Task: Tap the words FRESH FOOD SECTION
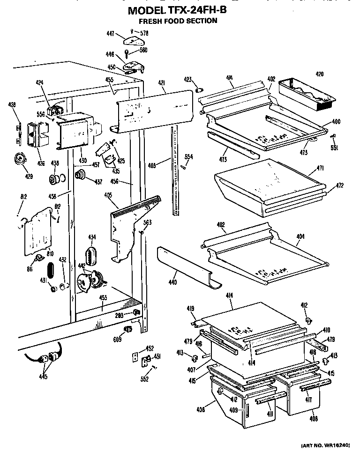click(x=178, y=21)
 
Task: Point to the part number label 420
click(x=319, y=74)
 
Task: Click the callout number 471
click(x=321, y=168)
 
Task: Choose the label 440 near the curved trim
click(x=172, y=283)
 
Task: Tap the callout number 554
click(x=188, y=156)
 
